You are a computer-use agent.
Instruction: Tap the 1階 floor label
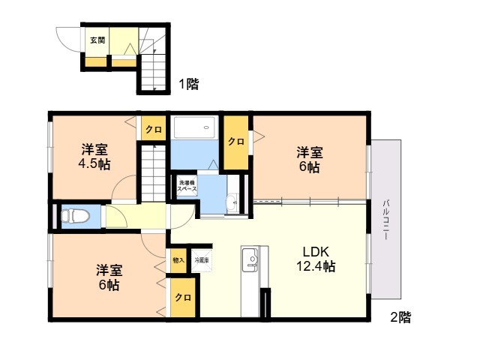pyautogui.click(x=187, y=85)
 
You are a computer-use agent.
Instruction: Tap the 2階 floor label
pyautogui.click(x=400, y=317)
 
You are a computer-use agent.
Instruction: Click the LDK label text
pyautogui.click(x=316, y=251)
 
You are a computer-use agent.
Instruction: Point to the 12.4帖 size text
pyautogui.click(x=316, y=266)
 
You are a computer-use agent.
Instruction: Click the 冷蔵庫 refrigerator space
pyautogui.click(x=202, y=260)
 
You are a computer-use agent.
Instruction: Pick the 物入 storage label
pyautogui.click(x=178, y=260)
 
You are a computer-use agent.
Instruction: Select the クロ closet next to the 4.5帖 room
pyautogui.click(x=154, y=129)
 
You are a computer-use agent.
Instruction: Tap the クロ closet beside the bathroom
pyautogui.click(x=235, y=141)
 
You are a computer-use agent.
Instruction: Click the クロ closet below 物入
pyautogui.click(x=182, y=298)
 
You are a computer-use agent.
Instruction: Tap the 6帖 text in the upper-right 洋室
pyautogui.click(x=309, y=167)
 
